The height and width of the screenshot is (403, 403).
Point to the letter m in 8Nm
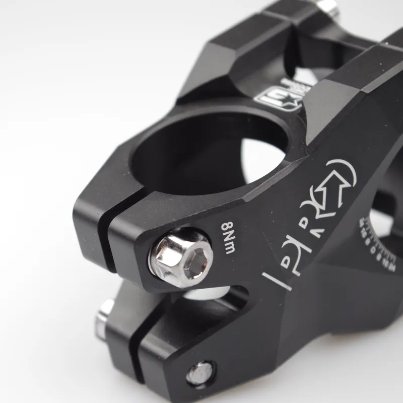[x=228, y=248]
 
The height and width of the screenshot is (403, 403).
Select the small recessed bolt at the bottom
[x=201, y=373]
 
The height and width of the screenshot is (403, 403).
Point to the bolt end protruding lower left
[x=105, y=317]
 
